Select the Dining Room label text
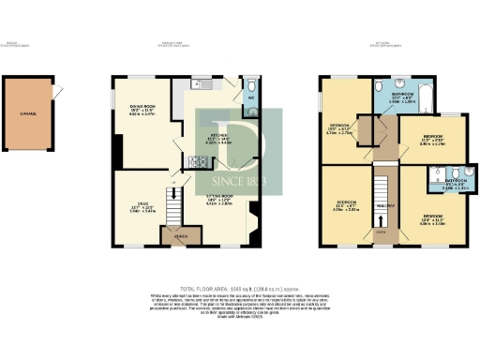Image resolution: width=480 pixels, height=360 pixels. tap(141, 111)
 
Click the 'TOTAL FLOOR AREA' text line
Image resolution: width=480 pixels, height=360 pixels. tap(239, 287)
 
